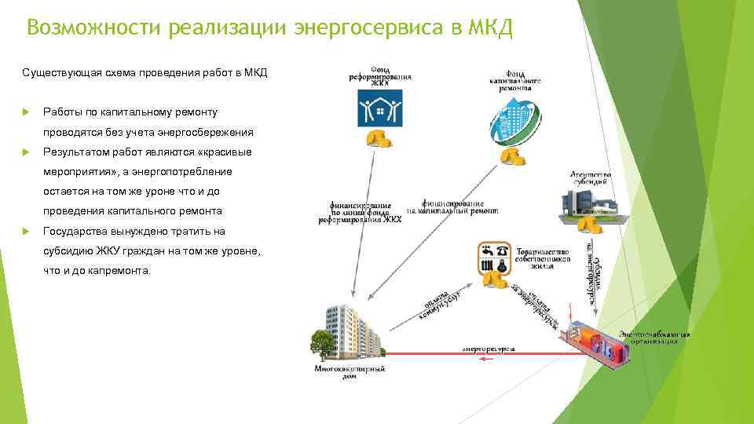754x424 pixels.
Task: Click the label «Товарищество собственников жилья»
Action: tap(543, 257)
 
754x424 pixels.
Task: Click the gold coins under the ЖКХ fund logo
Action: tap(381, 140)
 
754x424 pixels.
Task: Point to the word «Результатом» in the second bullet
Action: tap(70, 152)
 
